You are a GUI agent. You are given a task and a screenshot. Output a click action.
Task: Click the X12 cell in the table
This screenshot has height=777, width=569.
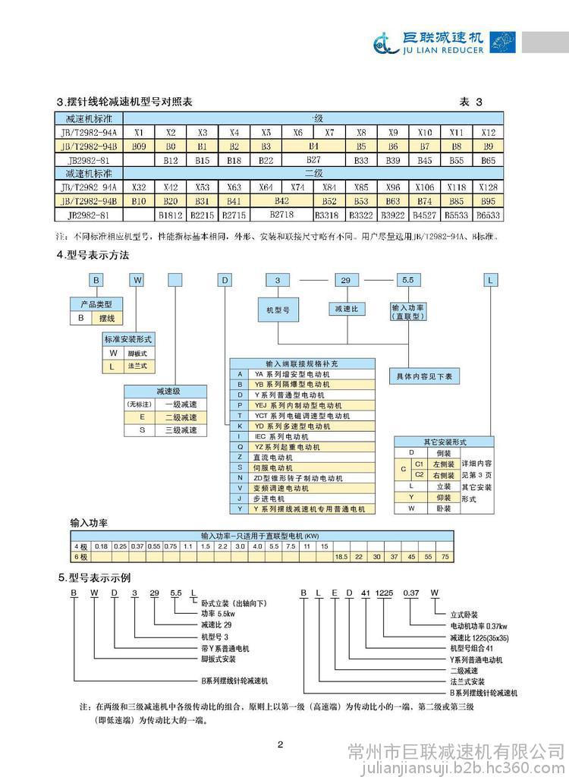(x=489, y=132)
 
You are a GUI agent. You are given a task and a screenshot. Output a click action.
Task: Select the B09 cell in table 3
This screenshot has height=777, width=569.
(x=139, y=144)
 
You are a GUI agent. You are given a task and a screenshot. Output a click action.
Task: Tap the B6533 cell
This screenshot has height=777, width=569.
(x=488, y=215)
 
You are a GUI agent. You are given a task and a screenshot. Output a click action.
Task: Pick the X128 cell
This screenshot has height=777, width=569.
(x=489, y=187)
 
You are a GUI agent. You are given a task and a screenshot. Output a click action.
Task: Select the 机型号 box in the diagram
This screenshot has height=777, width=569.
(x=278, y=310)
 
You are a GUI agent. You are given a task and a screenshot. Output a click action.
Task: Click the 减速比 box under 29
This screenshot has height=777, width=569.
(x=347, y=310)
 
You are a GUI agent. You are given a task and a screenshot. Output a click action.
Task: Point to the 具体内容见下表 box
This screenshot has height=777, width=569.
(x=424, y=376)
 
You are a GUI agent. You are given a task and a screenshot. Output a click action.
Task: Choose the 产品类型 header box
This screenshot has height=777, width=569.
(x=96, y=304)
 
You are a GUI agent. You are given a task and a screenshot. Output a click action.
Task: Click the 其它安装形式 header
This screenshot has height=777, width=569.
(x=444, y=442)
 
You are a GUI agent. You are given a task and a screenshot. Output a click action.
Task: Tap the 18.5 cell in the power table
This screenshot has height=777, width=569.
(x=342, y=556)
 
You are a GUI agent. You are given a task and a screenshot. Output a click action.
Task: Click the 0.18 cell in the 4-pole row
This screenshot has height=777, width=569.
(x=100, y=546)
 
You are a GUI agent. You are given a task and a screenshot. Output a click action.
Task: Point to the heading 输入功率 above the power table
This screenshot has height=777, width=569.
(x=89, y=524)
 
